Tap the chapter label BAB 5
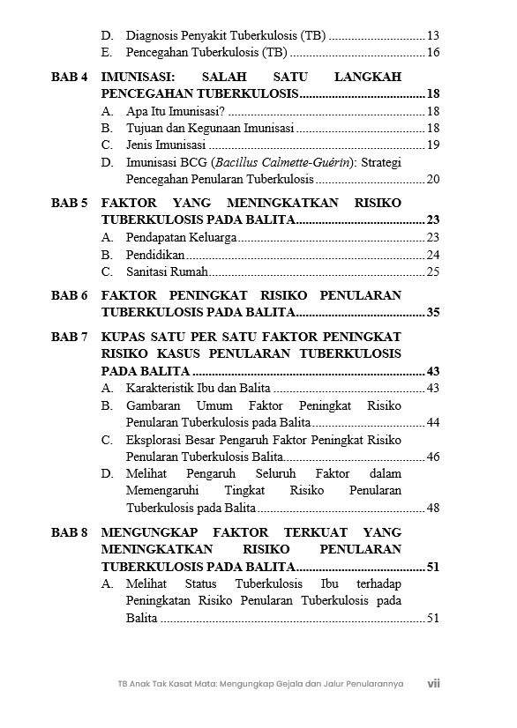point(69,204)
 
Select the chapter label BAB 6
point(69,295)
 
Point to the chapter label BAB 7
point(69,338)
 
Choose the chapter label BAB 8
point(69,532)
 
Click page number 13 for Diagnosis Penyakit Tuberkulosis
point(432,36)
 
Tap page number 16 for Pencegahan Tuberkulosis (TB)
point(432,53)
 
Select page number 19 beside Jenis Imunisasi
point(432,145)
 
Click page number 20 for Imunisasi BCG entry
point(432,180)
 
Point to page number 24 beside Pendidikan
point(432,255)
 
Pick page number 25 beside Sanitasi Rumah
point(432,271)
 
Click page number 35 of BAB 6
point(432,313)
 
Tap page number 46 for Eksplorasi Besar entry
point(432,457)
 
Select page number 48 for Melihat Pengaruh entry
point(432,509)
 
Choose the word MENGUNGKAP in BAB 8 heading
point(149,532)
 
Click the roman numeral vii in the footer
point(434,683)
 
